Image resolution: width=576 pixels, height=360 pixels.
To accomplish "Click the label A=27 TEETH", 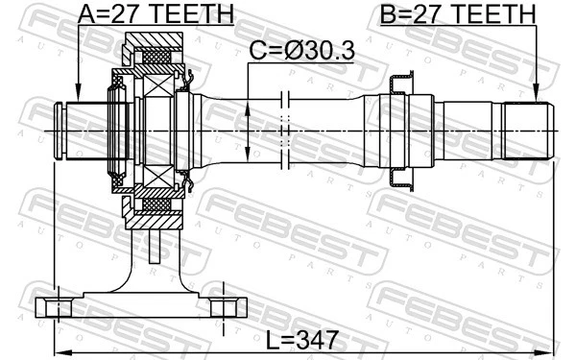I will [x=155, y=14].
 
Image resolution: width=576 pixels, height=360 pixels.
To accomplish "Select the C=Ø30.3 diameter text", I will [x=301, y=52].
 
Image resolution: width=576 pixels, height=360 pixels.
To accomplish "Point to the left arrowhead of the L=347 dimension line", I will [x=58, y=348].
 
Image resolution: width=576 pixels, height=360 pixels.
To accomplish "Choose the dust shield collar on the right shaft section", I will [x=397, y=130].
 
